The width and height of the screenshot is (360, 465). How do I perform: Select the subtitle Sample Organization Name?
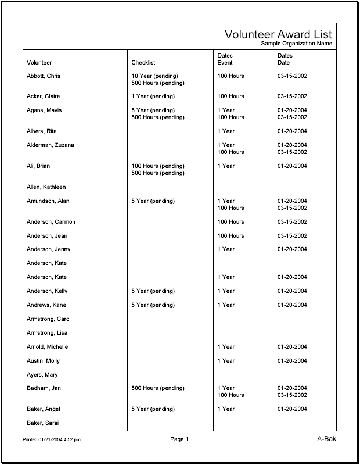pyautogui.click(x=296, y=44)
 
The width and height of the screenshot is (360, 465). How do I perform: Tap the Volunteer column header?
pyautogui.click(x=39, y=63)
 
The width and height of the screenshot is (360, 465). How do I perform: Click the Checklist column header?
pyautogui.click(x=143, y=63)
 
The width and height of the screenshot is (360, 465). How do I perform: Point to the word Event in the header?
pyautogui.click(x=225, y=63)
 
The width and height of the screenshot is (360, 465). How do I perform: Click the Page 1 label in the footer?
pyautogui.click(x=179, y=439)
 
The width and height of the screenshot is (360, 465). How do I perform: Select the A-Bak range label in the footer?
pyautogui.click(x=326, y=439)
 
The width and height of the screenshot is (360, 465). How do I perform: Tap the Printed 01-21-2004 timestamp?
pyautogui.click(x=52, y=440)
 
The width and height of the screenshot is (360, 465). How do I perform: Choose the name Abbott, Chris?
pyautogui.click(x=44, y=76)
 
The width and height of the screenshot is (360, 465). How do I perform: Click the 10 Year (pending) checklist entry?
pyautogui.click(x=155, y=76)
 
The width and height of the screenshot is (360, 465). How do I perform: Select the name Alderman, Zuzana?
pyautogui.click(x=51, y=145)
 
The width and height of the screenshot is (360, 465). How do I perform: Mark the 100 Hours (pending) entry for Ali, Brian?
pyautogui.click(x=158, y=166)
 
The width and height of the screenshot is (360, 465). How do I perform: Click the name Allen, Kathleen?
pyautogui.click(x=46, y=187)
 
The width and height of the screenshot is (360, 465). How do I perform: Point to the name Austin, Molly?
pyautogui.click(x=44, y=361)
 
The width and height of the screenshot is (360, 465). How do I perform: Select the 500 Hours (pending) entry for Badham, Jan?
pyautogui.click(x=158, y=388)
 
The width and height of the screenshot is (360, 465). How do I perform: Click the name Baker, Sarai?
pyautogui.click(x=43, y=423)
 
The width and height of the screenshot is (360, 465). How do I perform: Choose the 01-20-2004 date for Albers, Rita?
pyautogui.click(x=292, y=131)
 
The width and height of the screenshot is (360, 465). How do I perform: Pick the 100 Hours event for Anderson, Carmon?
pyautogui.click(x=231, y=222)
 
